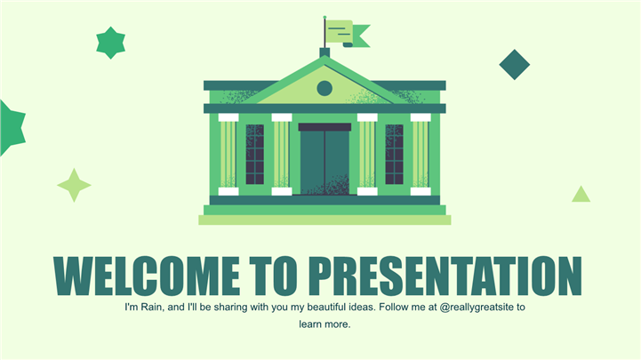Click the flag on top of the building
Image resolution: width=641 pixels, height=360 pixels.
348,34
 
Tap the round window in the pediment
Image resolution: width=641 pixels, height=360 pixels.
325,88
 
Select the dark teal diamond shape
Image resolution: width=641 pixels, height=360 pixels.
514,65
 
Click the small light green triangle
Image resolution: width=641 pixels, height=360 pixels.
581,194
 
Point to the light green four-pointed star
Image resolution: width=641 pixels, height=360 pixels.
74,185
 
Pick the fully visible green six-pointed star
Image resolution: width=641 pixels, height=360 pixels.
110,43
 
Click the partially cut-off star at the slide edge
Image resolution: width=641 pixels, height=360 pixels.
12,128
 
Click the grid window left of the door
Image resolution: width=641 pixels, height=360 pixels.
254,154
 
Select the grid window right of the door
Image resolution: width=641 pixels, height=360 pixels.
394,154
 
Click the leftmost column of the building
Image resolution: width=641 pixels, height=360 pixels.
228,155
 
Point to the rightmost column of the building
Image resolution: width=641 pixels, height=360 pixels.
421,155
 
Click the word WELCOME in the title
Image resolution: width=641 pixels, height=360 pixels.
147,276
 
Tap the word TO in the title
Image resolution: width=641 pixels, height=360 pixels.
274,276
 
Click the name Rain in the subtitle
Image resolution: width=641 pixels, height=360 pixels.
152,307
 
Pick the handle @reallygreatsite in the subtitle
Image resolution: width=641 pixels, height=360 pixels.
477,308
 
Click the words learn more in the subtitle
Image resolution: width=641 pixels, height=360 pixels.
325,324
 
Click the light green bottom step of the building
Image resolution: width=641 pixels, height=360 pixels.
325,220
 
